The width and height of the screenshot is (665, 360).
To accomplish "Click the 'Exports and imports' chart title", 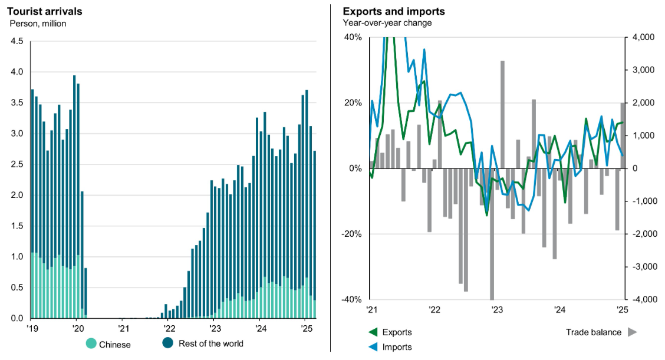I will (394, 11).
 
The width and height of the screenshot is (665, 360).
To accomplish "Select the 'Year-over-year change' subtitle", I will (387, 23).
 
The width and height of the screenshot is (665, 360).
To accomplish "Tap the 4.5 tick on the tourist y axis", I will (17, 41).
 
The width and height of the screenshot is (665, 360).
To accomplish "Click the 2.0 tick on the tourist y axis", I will (17, 195).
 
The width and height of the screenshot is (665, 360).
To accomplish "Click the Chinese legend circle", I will (91, 344).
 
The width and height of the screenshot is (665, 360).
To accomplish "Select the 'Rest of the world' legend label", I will (210, 344).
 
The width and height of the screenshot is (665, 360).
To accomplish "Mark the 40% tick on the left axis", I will (353, 37).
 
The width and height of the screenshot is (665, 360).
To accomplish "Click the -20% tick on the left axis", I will (351, 234).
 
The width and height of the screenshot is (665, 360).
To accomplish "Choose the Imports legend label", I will (397, 347).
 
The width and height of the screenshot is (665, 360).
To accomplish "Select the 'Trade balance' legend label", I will (593, 332).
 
